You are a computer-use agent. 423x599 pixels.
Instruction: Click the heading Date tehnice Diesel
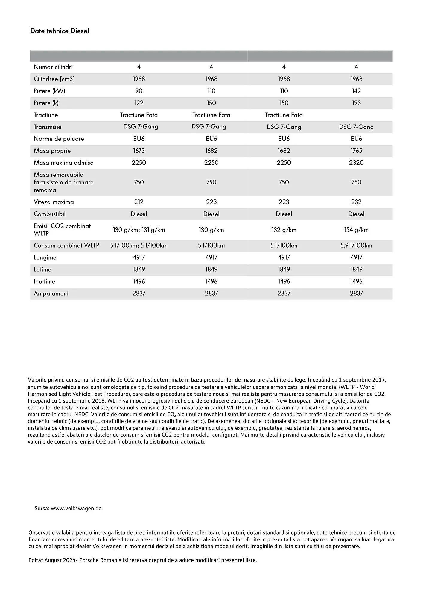(x=60, y=31)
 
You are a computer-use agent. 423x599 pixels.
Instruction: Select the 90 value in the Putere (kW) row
(x=139, y=91)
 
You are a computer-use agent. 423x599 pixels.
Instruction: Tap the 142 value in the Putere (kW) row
(x=356, y=91)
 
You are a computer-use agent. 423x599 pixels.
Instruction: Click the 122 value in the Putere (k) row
(x=139, y=103)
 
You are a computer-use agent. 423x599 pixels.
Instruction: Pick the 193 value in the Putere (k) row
(x=356, y=103)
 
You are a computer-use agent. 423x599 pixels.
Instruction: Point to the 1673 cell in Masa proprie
(x=139, y=151)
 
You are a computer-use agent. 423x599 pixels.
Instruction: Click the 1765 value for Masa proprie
(x=356, y=151)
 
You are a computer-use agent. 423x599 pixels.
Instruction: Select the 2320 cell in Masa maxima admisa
(x=356, y=163)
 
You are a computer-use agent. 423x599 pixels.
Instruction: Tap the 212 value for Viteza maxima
(x=139, y=202)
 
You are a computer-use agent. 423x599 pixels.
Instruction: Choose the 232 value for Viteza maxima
(x=356, y=202)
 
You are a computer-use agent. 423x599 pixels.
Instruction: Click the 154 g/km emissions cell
(x=356, y=230)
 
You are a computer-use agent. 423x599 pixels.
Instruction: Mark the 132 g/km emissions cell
(x=284, y=230)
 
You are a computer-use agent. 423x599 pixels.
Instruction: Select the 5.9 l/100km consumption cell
(x=356, y=246)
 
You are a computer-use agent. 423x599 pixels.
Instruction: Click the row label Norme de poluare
(x=59, y=139)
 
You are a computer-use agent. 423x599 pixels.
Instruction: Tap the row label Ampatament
(x=51, y=294)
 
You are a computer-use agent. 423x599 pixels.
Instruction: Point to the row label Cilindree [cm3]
(x=54, y=79)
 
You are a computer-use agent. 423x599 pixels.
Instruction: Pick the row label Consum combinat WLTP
(x=66, y=246)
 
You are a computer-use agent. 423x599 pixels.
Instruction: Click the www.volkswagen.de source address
(x=76, y=509)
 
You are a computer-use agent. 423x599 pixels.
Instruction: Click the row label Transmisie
(x=48, y=127)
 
